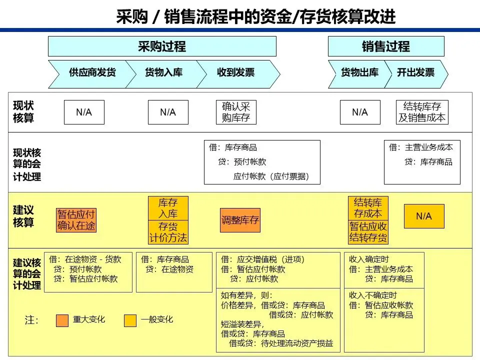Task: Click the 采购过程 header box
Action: pyautogui.click(x=161, y=46)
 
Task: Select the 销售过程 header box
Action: pyautogui.click(x=385, y=46)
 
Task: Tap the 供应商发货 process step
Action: pyautogui.click(x=92, y=72)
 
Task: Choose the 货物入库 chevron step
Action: pyautogui.click(x=164, y=72)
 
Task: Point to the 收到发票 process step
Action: pyautogui.click(x=235, y=72)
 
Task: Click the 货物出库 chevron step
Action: pyautogui.click(x=359, y=72)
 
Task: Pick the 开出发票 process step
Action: pyautogui.click(x=415, y=72)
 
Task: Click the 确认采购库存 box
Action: pyautogui.click(x=235, y=112)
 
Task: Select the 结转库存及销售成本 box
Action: pyautogui.click(x=422, y=112)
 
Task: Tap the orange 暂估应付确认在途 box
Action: pyautogui.click(x=76, y=220)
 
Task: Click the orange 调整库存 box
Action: pyautogui.click(x=240, y=220)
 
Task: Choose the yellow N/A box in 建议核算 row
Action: pyautogui.click(x=423, y=216)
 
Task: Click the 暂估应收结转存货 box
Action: pyautogui.click(x=368, y=232)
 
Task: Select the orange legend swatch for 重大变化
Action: pyautogui.click(x=62, y=320)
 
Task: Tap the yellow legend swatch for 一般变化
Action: pyautogui.click(x=130, y=320)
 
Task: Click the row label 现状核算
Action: pyautogui.click(x=24, y=112)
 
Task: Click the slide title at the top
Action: pyautogui.click(x=255, y=17)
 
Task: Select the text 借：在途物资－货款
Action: pyautogui.click(x=85, y=259)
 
